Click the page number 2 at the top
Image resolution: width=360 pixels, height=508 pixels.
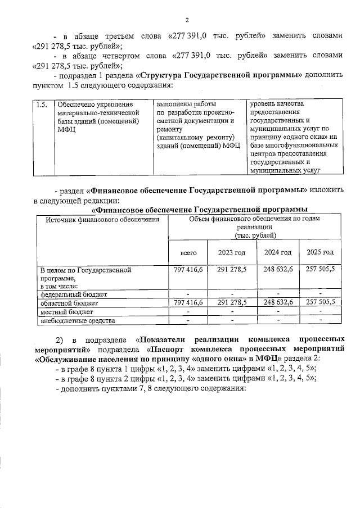(x=187, y=21)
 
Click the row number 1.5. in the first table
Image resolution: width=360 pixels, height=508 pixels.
(x=40, y=105)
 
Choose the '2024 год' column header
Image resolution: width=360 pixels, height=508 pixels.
(x=277, y=252)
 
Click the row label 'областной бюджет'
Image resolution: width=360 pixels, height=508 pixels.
(x=69, y=302)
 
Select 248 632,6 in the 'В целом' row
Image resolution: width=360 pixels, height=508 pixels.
(x=277, y=270)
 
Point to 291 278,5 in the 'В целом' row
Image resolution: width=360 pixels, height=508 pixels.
(x=231, y=270)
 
